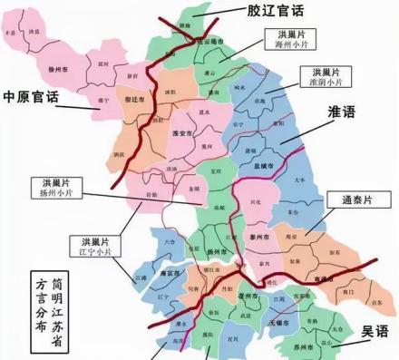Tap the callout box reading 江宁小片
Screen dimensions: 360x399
point(92,246)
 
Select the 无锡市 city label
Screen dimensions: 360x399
point(279,322)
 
